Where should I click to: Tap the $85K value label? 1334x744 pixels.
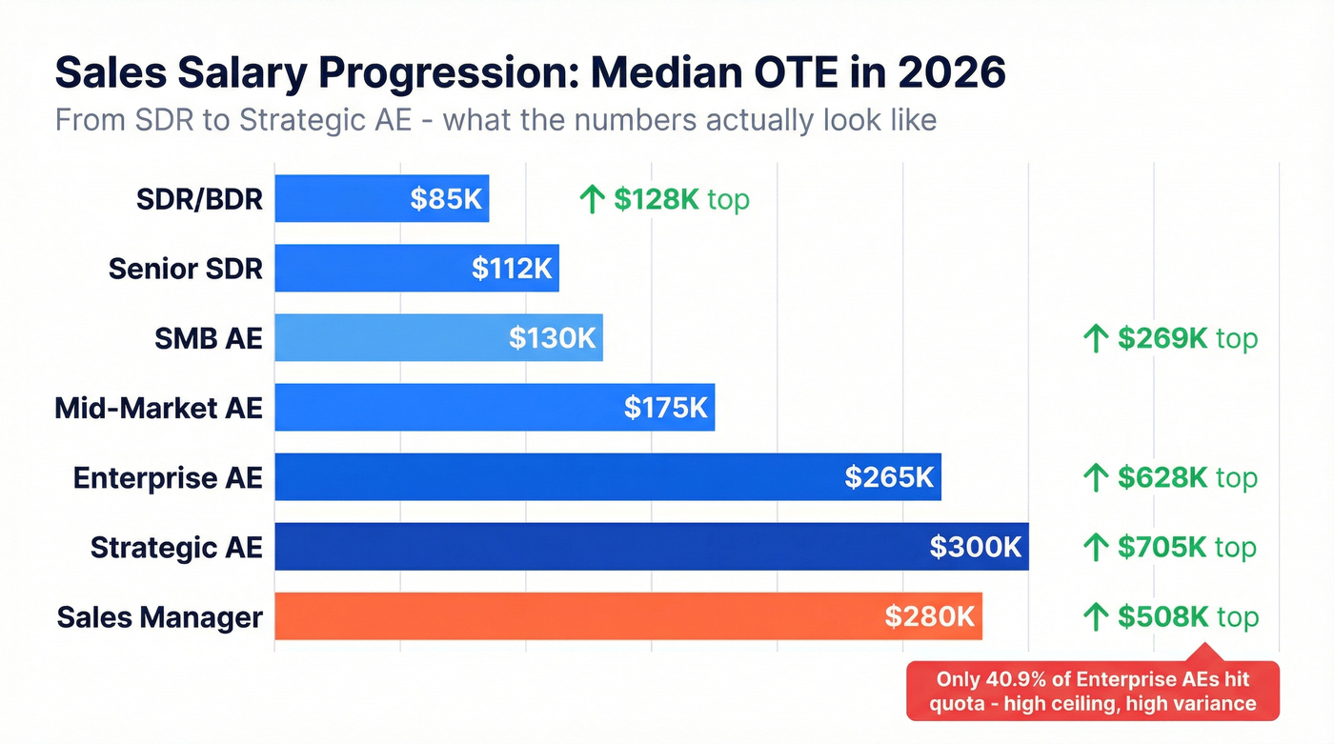click(446, 199)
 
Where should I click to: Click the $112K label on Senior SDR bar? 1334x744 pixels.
click(512, 269)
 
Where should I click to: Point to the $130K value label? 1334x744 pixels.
click(552, 338)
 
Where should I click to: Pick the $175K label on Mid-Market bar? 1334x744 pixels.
click(666, 408)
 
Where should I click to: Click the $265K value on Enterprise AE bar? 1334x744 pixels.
click(889, 477)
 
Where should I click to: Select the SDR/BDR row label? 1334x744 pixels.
click(199, 199)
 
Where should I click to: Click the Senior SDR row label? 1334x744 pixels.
click(185, 269)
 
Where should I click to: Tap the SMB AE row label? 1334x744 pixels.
click(208, 338)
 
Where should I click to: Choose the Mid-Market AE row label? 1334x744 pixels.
click(158, 408)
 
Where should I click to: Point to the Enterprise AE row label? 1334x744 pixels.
click(168, 477)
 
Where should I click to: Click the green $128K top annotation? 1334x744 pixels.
click(664, 199)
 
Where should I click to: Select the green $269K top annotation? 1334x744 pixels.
click(1170, 338)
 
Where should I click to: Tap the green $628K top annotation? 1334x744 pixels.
click(1170, 477)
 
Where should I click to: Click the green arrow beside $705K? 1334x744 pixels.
click(1097, 547)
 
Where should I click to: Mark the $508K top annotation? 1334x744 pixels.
click(1170, 617)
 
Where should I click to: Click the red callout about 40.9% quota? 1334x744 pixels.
click(1092, 692)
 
